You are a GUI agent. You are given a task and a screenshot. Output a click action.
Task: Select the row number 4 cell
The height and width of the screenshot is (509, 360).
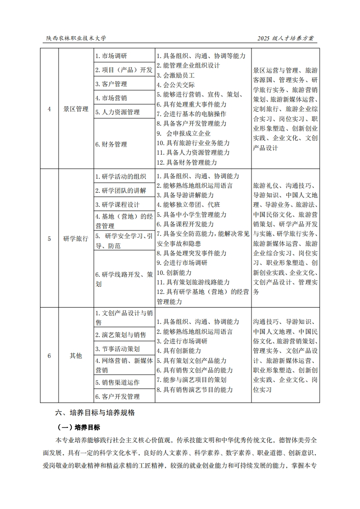coord(49,109)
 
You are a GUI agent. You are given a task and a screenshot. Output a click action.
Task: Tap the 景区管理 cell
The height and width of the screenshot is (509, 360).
coord(76,109)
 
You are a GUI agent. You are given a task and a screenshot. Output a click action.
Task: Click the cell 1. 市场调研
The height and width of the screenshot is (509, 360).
coord(111,56)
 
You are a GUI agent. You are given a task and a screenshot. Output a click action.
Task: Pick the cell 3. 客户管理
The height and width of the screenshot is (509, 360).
coord(111,84)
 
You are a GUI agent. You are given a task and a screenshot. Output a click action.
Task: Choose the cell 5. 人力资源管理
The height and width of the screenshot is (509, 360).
coord(118,112)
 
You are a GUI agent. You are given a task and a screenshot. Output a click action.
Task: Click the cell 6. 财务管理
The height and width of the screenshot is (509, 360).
coord(111,144)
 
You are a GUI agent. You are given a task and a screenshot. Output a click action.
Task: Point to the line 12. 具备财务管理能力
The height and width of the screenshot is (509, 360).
coord(187,162)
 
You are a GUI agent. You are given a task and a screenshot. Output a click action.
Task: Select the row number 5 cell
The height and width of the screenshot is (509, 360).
coord(49,239)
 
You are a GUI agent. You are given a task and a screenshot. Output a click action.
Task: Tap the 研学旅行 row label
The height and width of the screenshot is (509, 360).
coord(76,239)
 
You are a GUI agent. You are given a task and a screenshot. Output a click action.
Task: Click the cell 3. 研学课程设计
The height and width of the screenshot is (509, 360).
coord(118,205)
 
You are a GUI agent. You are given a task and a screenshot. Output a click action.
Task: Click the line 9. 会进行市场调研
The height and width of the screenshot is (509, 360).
coord(182,263)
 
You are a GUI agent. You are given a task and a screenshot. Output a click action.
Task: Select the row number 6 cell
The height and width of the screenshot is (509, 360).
coord(49,356)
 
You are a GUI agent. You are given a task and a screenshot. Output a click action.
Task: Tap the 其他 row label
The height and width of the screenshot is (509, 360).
coord(76,356)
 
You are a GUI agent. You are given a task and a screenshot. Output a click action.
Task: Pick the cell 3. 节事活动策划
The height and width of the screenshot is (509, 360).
coord(118,349)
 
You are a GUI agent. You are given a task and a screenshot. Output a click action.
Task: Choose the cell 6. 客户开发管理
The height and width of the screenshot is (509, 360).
coord(118,396)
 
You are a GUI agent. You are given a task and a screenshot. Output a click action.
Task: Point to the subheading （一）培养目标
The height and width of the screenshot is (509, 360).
coord(79,427)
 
